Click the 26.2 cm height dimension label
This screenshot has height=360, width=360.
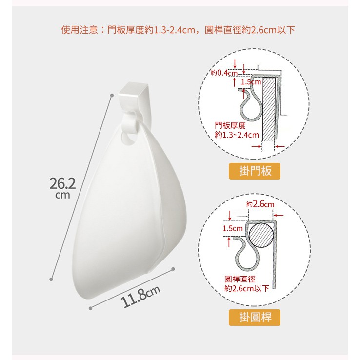click(x=62, y=188)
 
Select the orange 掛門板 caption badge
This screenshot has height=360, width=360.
click(x=255, y=171)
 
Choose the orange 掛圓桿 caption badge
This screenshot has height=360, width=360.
click(x=255, y=317)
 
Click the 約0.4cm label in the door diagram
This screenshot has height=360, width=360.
click(x=224, y=73)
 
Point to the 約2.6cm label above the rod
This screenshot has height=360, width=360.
click(x=260, y=204)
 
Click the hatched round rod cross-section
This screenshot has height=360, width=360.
click(x=260, y=235)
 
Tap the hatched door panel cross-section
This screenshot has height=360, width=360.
click(x=269, y=109)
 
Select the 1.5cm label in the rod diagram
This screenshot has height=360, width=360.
click(x=233, y=228)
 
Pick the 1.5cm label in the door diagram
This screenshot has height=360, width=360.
click(x=251, y=82)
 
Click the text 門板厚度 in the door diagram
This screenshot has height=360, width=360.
click(x=230, y=125)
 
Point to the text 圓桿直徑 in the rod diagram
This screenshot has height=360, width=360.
click(x=240, y=279)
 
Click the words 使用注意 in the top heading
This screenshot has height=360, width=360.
click(x=80, y=30)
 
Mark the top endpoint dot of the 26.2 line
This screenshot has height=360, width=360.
click(x=112, y=95)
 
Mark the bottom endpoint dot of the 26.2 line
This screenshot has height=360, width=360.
click(x=51, y=279)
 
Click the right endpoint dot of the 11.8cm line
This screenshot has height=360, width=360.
click(x=173, y=269)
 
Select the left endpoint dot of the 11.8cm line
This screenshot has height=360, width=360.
click(x=90, y=308)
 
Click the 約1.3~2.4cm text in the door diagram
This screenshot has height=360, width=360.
click(x=237, y=135)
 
